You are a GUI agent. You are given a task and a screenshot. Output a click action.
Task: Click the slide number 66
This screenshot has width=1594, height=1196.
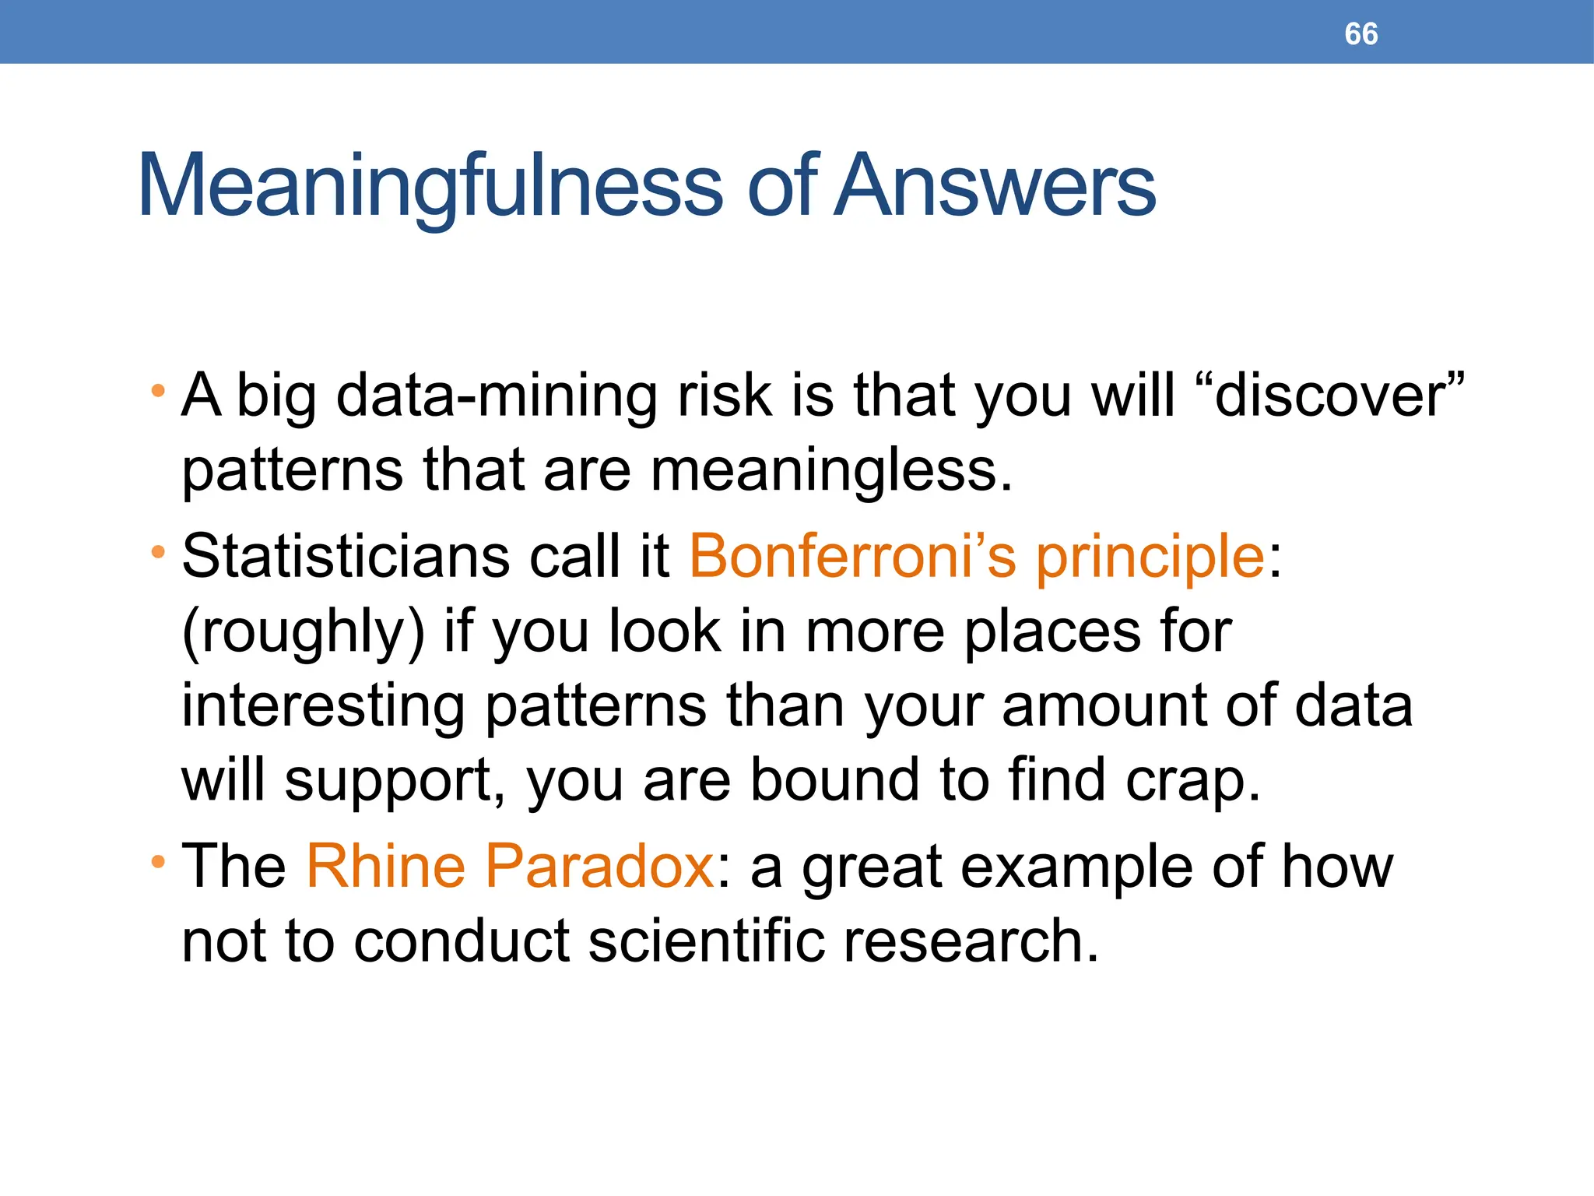[1361, 34]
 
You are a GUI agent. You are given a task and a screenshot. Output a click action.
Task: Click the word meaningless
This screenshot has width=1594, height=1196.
[830, 470]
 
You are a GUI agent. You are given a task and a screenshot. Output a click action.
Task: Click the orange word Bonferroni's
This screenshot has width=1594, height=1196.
[853, 556]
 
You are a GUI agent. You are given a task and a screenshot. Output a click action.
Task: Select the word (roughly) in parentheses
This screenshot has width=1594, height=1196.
[304, 632]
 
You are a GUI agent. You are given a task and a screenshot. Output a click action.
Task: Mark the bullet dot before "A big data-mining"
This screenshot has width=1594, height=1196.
[158, 389]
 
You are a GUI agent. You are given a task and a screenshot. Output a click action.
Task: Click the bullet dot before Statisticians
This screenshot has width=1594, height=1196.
[158, 552]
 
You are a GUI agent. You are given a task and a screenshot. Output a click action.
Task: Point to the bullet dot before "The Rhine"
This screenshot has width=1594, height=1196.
[158, 861]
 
